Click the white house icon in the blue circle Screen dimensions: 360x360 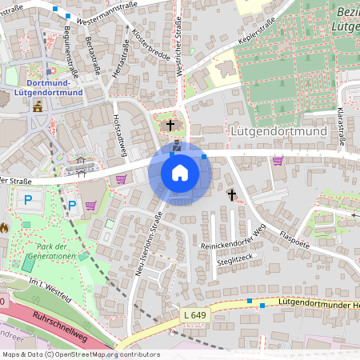(180, 172)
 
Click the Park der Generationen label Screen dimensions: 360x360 (50, 250)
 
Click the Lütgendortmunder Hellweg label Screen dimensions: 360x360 (316, 304)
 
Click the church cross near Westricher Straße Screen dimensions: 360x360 (170, 125)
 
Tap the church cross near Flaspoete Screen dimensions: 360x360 (232, 194)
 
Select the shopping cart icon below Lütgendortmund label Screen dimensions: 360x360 (278, 160)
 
